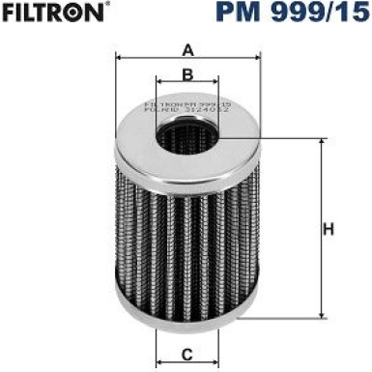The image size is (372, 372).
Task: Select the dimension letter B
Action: (188, 74)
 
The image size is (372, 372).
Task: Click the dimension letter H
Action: (329, 230)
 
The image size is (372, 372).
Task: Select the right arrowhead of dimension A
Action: (260, 60)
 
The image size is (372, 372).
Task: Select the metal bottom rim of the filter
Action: (188, 324)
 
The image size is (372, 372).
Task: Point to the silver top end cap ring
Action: (135, 145)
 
